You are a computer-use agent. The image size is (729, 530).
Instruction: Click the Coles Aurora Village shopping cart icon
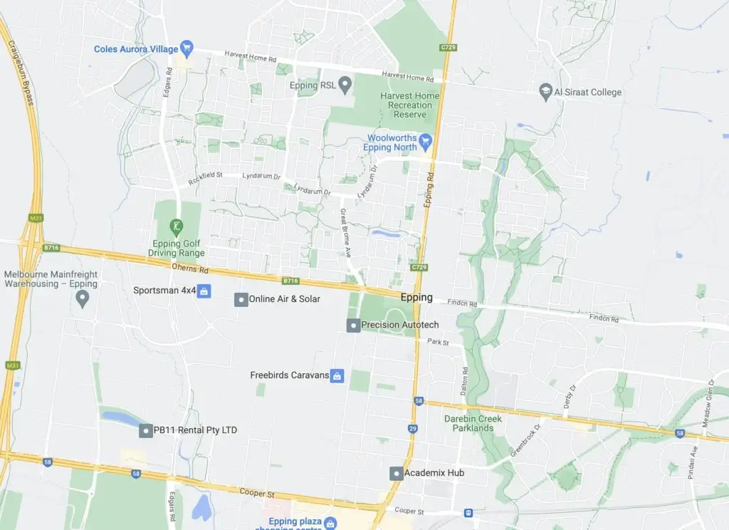coord(187,48)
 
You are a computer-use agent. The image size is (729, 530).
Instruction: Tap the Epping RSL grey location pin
coord(345,85)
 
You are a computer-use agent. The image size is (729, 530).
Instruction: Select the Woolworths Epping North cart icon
coord(426,140)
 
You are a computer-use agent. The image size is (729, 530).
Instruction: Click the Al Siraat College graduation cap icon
coord(545,92)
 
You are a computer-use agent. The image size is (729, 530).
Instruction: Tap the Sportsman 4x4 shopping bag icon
coord(204,291)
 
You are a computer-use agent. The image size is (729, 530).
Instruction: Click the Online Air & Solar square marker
coord(241,299)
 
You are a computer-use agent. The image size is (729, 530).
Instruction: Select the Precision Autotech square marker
coord(352,326)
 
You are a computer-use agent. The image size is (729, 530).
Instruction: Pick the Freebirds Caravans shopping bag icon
coord(337,375)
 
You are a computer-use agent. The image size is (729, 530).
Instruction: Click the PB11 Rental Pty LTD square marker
coord(146,430)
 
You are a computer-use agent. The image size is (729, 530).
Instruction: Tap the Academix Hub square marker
coord(396,473)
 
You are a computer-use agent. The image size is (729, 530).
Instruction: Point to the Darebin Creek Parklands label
coord(473,423)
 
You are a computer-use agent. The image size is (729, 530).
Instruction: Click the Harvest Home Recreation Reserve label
coord(409,105)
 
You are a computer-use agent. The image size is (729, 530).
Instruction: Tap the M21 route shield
coord(35,218)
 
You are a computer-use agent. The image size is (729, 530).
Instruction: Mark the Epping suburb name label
coord(416,298)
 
